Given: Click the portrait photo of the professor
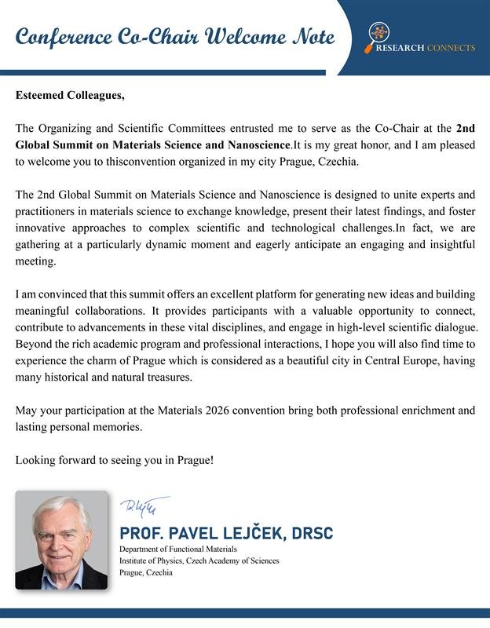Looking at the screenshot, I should click(61, 540).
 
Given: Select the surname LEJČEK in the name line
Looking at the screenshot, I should click(252, 534).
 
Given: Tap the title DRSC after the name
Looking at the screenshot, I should click(312, 534).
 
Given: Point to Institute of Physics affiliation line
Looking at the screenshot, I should click(199, 560).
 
